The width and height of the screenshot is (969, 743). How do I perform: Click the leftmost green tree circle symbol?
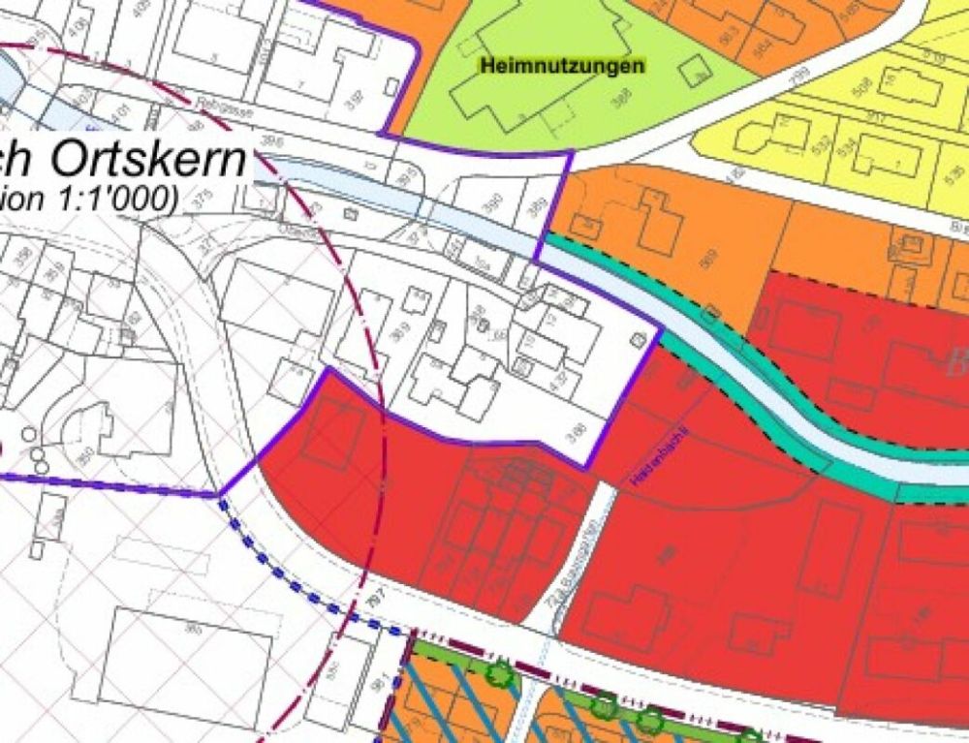500,673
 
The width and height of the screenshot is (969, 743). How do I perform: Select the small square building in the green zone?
694,71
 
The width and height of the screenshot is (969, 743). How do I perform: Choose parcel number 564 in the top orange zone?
764,46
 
